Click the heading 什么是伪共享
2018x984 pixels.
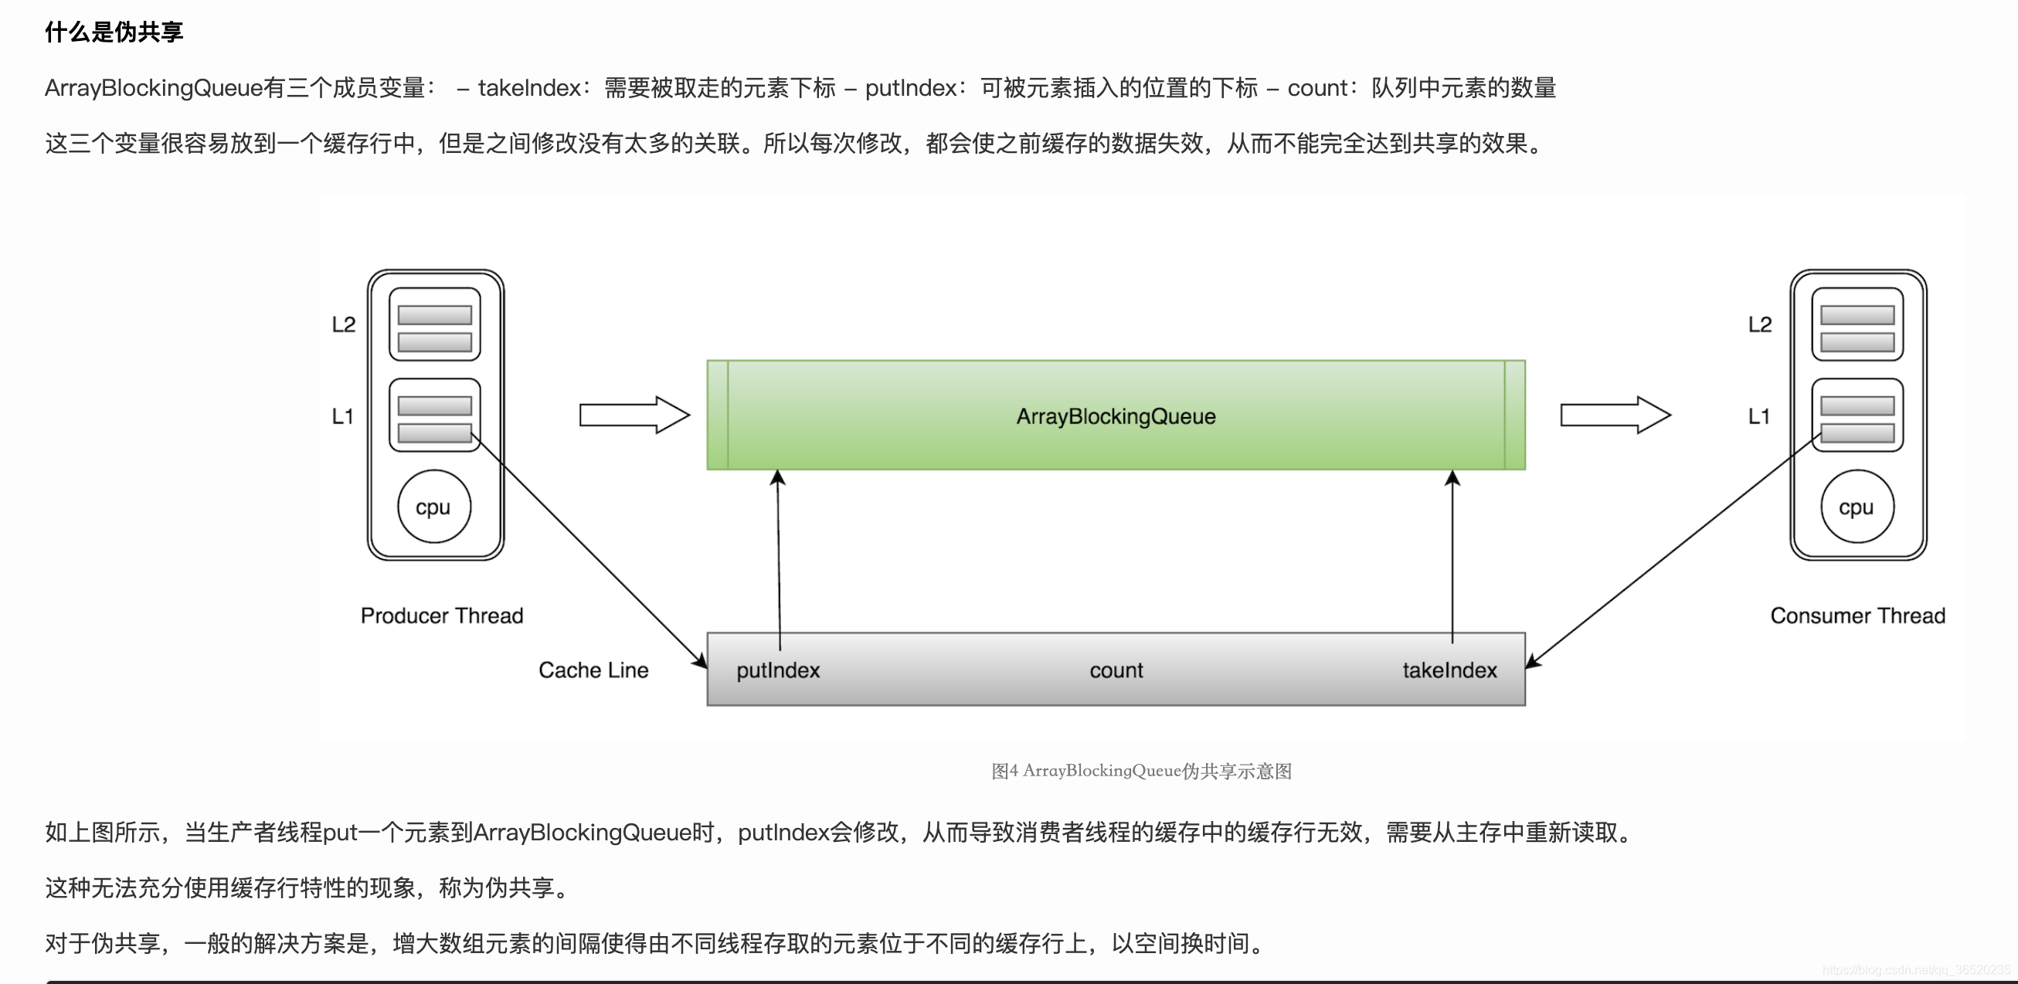114,32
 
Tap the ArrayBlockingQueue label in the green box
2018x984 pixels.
1116,416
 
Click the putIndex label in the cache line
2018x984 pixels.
778,670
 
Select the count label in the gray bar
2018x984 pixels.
1116,670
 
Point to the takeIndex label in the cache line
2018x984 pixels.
1449,670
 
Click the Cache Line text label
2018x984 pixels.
593,670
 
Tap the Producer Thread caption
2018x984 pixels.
441,616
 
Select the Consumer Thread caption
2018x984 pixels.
1857,616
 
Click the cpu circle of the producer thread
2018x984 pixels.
434,507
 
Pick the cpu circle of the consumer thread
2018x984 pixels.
1857,507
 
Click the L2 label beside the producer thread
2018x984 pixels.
343,324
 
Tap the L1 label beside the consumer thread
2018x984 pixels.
1758,416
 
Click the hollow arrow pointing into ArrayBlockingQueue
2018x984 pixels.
634,415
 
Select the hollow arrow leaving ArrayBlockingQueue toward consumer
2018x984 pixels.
1615,415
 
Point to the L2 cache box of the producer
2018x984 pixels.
435,324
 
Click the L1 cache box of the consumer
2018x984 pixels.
1857,416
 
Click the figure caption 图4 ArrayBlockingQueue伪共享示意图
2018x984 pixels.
1140,771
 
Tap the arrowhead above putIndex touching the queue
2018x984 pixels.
777,477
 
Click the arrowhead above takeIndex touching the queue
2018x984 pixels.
1452,477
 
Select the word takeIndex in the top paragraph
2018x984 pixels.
528,88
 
